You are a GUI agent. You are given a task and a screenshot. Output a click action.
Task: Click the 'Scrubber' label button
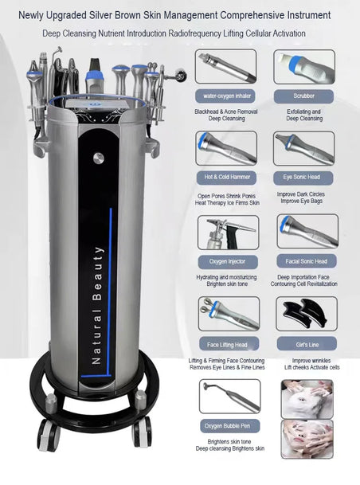click(x=303, y=96)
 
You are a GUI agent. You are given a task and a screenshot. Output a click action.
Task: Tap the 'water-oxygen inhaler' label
click(x=227, y=96)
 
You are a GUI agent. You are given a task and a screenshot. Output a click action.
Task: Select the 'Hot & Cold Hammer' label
click(x=227, y=178)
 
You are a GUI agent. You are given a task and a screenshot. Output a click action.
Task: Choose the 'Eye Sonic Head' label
click(x=303, y=178)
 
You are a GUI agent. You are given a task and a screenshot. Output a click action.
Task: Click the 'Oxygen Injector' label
click(x=228, y=262)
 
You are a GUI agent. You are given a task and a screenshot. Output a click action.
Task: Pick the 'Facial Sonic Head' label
click(x=306, y=262)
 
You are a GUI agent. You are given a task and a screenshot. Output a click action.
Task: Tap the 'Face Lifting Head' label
click(x=229, y=344)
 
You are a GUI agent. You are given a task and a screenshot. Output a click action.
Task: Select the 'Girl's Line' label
click(x=307, y=344)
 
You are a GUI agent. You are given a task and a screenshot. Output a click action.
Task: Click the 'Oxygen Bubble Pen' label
click(x=230, y=426)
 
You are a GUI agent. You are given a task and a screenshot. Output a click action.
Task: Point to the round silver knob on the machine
click(x=99, y=158)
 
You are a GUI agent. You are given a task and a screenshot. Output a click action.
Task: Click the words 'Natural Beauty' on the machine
click(x=97, y=305)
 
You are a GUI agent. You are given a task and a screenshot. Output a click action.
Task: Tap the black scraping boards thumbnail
click(x=307, y=314)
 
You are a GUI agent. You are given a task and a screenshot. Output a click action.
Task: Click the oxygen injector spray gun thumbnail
click(x=229, y=233)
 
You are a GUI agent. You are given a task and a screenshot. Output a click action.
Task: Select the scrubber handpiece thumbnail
click(x=304, y=67)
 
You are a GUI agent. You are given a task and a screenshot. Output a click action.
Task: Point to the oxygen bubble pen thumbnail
click(x=230, y=397)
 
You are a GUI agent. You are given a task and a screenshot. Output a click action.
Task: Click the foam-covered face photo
click(x=307, y=399)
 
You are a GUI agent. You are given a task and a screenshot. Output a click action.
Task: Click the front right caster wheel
click(x=142, y=432)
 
